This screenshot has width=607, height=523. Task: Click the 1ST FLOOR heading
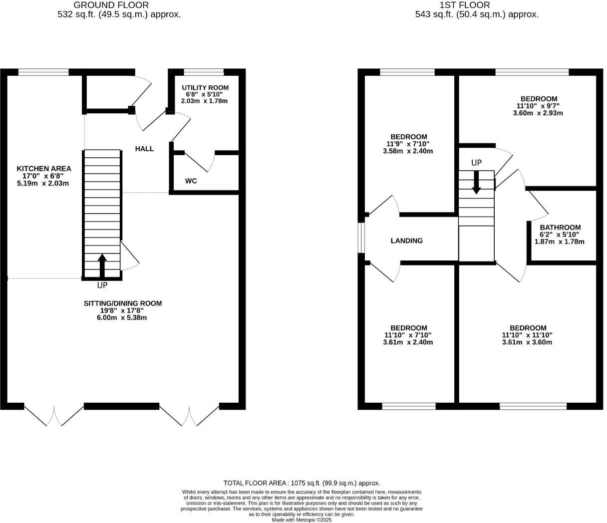(457, 5)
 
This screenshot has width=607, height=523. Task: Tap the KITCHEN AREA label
(44, 169)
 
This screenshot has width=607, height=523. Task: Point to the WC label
(191, 181)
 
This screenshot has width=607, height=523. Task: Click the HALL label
(144, 149)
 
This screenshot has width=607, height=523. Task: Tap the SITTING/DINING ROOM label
(122, 303)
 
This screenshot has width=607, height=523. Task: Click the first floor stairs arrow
(476, 182)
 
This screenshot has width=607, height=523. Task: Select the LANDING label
(406, 241)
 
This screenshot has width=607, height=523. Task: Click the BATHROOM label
(560, 228)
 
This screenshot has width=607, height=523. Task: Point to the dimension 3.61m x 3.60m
(527, 342)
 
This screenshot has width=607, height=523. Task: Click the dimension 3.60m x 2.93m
(538, 113)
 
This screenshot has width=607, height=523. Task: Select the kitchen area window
(43, 72)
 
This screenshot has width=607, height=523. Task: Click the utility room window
(204, 72)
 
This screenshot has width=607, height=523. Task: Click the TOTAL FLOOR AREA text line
(302, 483)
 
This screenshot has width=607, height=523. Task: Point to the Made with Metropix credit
(302, 520)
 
